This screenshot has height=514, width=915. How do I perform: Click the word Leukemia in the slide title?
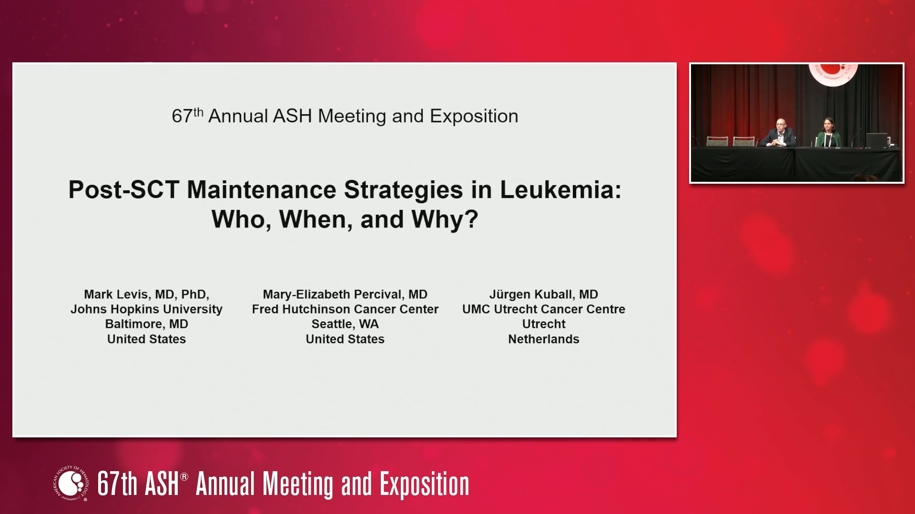[x=560, y=189]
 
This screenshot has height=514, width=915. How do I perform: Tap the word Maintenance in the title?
[x=262, y=189]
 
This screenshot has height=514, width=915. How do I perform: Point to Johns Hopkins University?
[x=146, y=309]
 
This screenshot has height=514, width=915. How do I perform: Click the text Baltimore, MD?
[x=146, y=324]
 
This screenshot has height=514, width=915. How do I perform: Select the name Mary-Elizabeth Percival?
[x=333, y=295]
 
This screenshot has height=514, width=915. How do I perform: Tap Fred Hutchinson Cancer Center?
[x=345, y=309]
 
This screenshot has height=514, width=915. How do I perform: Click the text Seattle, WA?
[x=345, y=324]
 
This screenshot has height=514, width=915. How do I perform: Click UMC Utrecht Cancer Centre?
[x=544, y=309]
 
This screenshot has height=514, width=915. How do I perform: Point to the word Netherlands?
[x=544, y=339]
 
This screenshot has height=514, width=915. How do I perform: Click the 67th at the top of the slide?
[x=187, y=116]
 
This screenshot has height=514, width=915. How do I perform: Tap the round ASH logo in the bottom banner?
[x=71, y=484]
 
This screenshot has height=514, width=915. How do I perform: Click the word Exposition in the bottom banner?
[x=424, y=484]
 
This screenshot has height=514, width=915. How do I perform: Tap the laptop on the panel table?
[x=876, y=140]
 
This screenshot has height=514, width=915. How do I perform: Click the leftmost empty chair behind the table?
[x=717, y=141]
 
